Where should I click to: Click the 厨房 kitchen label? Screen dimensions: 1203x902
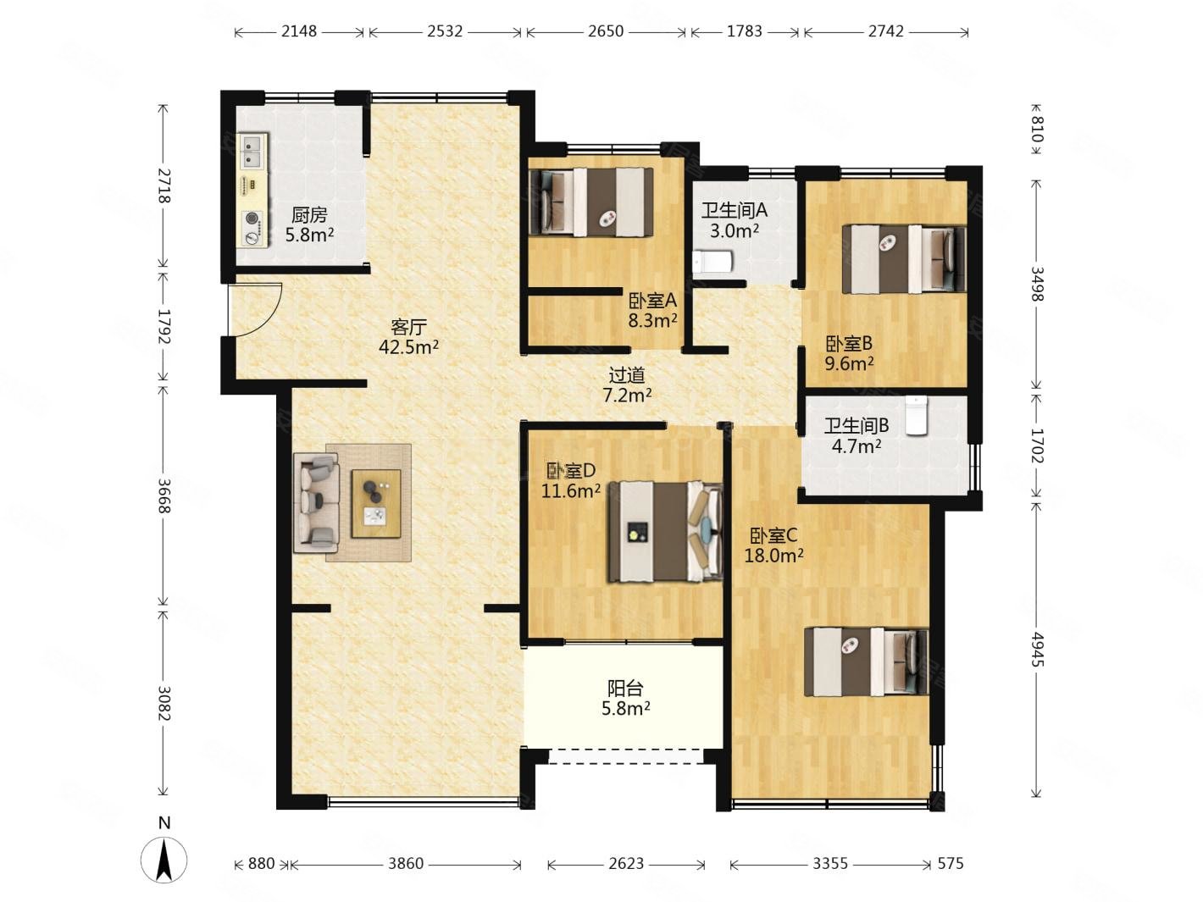click(309, 214)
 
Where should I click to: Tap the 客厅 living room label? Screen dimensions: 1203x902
click(408, 327)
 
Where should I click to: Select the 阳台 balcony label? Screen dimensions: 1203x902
click(625, 689)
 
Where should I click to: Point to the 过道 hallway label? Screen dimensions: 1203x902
click(627, 375)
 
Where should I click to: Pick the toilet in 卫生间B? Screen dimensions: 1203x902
click(916, 416)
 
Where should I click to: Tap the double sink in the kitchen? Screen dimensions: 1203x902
click(252, 151)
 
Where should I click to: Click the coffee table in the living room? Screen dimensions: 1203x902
click(375, 503)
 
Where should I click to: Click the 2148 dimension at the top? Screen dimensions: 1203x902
click(299, 31)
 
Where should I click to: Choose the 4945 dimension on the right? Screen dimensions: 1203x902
click(1037, 650)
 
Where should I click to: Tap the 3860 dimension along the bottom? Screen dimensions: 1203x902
click(406, 863)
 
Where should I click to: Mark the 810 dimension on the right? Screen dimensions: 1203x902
click(1037, 130)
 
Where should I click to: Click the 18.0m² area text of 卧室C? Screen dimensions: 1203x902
click(773, 556)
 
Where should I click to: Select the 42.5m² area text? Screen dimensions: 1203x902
click(408, 346)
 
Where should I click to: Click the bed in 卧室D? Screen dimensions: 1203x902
click(664, 531)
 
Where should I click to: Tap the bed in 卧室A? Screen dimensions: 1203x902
click(590, 202)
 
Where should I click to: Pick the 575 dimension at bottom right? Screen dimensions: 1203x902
click(950, 863)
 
